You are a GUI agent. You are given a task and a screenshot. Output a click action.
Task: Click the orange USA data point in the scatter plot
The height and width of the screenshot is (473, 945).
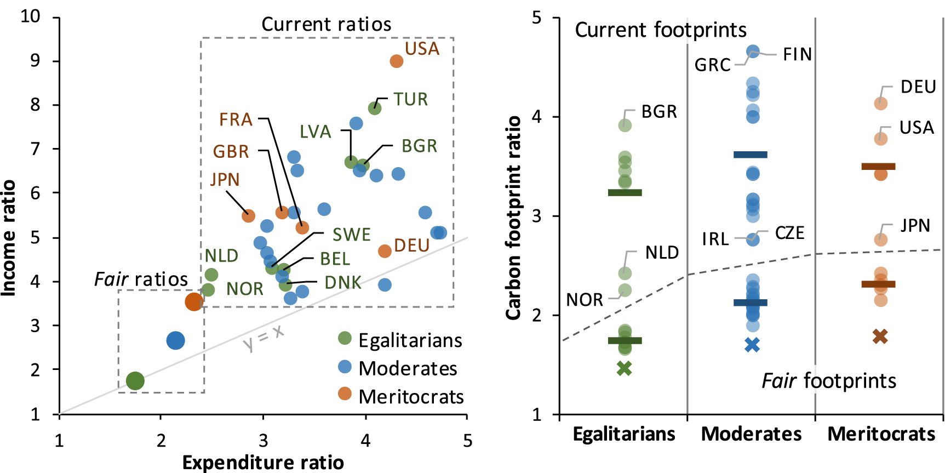click(396, 61)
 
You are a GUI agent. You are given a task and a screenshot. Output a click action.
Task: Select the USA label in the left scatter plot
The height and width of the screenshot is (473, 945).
click(422, 49)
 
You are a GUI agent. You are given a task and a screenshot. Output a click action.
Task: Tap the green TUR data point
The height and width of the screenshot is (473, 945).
click(375, 108)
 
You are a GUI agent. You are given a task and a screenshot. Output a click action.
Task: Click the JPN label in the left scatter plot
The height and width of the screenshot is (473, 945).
click(225, 179)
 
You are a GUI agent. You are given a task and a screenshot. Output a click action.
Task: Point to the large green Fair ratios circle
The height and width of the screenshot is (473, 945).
click(135, 380)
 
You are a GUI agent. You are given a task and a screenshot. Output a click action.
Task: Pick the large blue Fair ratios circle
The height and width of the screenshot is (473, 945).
click(175, 340)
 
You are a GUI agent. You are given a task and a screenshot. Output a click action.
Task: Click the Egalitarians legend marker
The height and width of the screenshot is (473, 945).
click(345, 338)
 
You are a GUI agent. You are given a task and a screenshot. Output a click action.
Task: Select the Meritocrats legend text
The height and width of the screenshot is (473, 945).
click(411, 397)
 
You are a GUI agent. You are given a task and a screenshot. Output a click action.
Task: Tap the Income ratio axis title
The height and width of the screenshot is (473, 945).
click(9, 238)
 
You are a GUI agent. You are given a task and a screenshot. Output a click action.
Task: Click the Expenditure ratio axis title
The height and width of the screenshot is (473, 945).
click(263, 463)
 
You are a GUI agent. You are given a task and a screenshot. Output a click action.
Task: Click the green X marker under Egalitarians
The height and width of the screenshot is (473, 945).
click(625, 368)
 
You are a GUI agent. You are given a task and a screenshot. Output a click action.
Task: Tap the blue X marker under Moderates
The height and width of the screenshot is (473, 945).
click(752, 345)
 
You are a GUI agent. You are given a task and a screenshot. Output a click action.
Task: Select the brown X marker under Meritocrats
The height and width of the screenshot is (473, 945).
click(880, 337)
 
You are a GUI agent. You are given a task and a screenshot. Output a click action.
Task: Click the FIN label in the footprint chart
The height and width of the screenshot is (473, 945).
click(797, 54)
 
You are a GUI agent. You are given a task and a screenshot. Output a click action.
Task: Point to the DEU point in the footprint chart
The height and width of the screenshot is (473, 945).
click(880, 103)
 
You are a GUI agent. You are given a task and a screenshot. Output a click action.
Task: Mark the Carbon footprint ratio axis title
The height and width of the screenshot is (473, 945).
click(513, 218)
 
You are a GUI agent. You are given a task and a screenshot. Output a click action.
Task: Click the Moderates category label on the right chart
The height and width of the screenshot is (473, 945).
click(751, 434)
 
